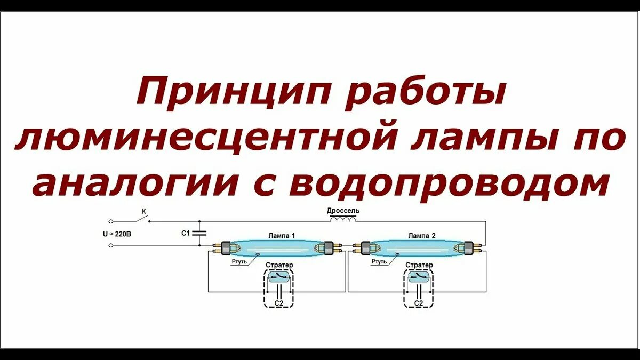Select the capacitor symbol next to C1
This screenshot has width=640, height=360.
point(199,233)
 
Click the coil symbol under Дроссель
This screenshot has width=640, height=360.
point(343,220)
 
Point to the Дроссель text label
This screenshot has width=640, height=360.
point(343,211)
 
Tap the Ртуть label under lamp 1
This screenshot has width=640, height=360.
point(239,262)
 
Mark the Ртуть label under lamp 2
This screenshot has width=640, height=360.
point(379,262)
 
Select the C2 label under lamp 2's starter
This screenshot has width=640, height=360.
point(419,303)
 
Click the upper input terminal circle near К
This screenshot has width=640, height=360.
point(110,221)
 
